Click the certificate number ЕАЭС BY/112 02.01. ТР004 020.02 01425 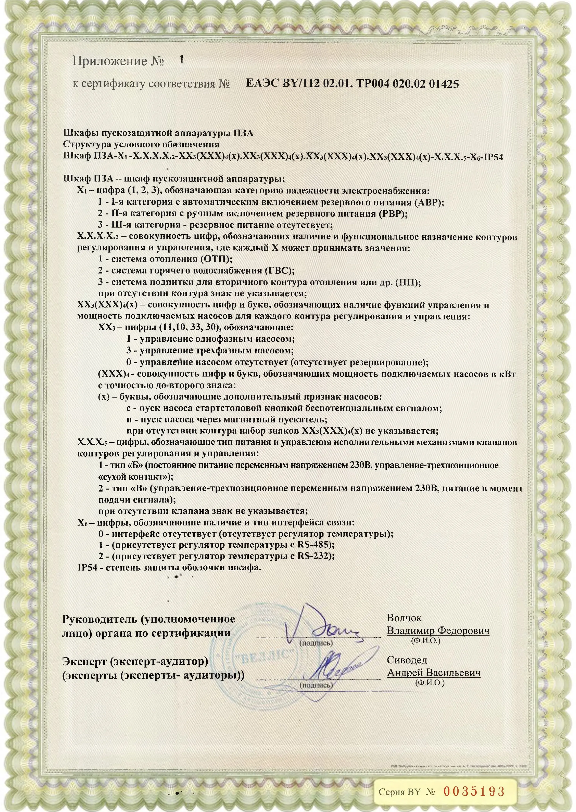(x=352, y=84)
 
